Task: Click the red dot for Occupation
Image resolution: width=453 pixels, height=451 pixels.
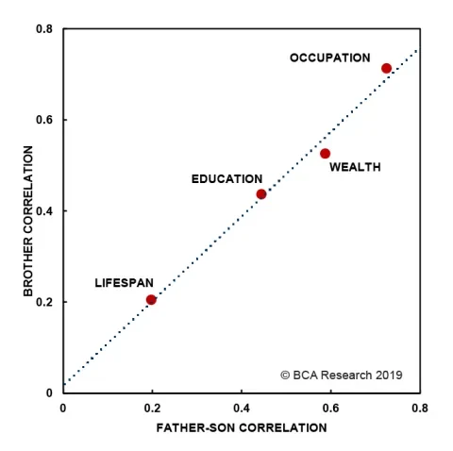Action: click(386, 68)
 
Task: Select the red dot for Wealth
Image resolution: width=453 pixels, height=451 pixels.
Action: click(325, 153)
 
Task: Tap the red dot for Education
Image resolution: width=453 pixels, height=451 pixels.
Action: click(261, 193)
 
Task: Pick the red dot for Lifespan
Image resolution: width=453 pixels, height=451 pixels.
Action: click(151, 299)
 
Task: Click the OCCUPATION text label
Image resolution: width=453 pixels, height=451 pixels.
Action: click(329, 58)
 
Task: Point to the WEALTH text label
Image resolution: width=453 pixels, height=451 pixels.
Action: click(355, 168)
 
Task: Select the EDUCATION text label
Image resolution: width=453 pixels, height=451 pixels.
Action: click(226, 178)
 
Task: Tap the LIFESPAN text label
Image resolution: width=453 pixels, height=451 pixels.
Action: click(124, 283)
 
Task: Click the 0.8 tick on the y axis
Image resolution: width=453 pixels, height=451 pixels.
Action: click(44, 29)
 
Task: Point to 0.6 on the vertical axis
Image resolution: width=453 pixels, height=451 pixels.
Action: click(44, 120)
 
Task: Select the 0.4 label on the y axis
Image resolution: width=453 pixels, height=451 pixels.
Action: click(44, 211)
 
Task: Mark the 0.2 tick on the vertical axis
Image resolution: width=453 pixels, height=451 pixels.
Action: click(44, 302)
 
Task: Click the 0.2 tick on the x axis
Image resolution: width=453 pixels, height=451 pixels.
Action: click(152, 409)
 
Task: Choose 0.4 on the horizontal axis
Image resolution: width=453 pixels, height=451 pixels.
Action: click(242, 409)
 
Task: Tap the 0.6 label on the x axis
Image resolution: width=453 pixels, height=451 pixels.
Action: click(330, 409)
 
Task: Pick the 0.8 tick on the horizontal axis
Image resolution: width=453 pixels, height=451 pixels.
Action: click(419, 409)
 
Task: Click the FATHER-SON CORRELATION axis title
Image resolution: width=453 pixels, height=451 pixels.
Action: click(240, 427)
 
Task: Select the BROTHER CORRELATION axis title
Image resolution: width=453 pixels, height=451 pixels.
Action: click(28, 221)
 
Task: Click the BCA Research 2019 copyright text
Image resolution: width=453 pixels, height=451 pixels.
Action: click(341, 375)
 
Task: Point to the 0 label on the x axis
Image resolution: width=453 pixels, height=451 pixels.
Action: click(63, 409)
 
